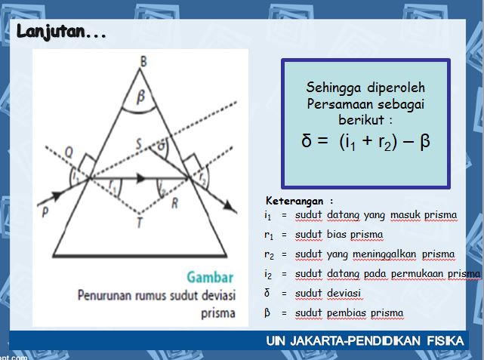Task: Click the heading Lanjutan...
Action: pyautogui.click(x=60, y=32)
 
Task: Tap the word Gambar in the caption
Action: pyautogui.click(x=211, y=276)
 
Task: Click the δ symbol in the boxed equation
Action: pyautogui.click(x=307, y=140)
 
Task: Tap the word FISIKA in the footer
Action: pyautogui.click(x=442, y=342)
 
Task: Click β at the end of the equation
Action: pyautogui.click(x=424, y=140)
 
